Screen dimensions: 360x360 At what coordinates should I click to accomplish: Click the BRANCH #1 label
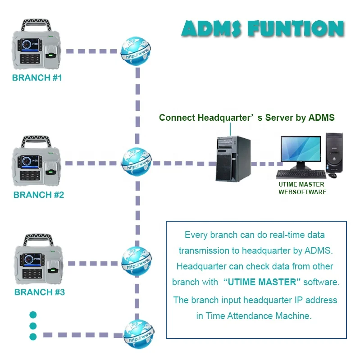coord(37,77)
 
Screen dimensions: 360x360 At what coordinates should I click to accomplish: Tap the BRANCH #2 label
coord(39,195)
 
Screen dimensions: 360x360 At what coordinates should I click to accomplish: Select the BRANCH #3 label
coord(40,292)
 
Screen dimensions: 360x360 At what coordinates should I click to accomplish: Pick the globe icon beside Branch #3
coord(137,261)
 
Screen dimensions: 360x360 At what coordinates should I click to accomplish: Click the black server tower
coord(232,159)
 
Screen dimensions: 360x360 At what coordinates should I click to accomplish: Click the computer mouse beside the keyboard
coord(333,175)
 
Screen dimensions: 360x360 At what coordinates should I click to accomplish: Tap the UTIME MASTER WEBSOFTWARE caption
coord(302,188)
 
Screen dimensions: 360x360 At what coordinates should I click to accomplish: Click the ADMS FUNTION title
coord(263,28)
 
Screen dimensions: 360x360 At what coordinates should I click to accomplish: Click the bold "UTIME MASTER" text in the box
coord(262,282)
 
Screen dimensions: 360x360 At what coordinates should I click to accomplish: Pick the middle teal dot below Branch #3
coord(33,326)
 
